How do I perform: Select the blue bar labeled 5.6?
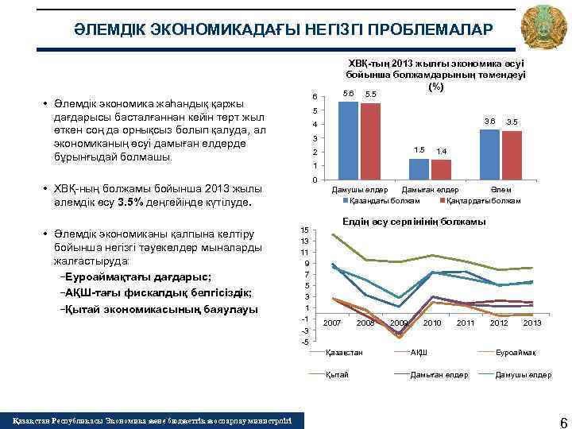pos(348,141)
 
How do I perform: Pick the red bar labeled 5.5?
pos(370,141)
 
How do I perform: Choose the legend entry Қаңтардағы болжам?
pos(483,200)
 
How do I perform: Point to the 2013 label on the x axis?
pos(532,323)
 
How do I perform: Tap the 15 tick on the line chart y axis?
pos(305,230)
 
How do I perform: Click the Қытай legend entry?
pos(337,374)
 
